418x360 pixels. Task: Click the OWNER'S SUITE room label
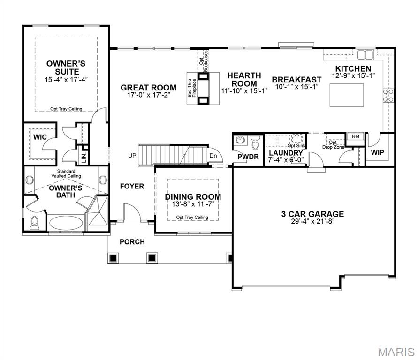coord(66,67)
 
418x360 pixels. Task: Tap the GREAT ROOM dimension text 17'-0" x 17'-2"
coord(148,95)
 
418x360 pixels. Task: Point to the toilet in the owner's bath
coord(35,223)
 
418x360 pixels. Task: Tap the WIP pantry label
coord(378,153)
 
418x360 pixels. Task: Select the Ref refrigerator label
coord(356,136)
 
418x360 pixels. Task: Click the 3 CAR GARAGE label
coord(312,214)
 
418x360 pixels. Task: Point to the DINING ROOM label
coord(193,197)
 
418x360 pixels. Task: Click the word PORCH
coord(132,242)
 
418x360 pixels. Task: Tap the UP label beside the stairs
coord(132,156)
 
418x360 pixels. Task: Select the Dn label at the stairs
coord(213,156)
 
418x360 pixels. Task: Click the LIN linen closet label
coord(84,158)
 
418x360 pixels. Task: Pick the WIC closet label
coord(39,137)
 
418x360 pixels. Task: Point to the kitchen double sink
coord(365,55)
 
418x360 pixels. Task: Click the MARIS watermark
coord(397,352)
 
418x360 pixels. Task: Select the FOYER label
coord(132,186)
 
